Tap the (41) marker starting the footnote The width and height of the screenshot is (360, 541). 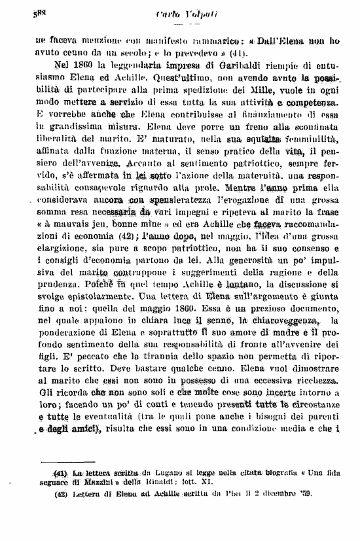click(x=60, y=474)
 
